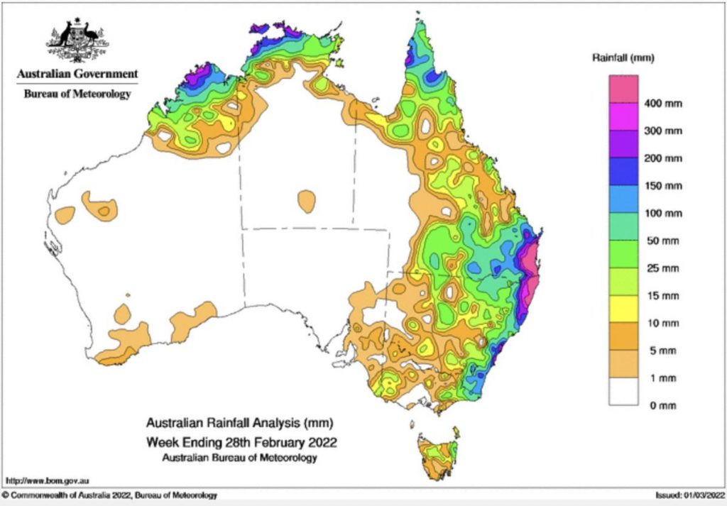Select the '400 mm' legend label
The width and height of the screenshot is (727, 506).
[663, 104]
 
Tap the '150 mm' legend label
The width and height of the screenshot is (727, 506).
[663, 186]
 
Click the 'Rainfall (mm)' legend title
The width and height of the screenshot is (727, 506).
[623, 58]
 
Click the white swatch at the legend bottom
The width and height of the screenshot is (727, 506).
[623, 392]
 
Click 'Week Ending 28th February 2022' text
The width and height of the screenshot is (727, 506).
[241, 442]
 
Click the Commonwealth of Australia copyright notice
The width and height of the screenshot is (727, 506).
[110, 495]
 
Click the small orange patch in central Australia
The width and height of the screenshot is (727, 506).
[307, 201]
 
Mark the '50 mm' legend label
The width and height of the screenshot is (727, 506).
[660, 241]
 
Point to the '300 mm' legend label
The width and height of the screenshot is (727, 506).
[663, 131]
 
